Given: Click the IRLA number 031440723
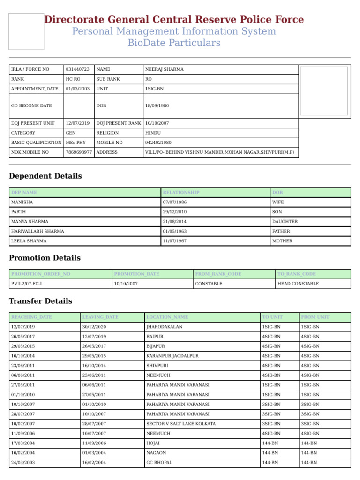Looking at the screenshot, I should pos(78,69).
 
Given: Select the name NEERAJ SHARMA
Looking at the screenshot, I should pos(165,69).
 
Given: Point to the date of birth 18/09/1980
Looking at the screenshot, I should pos(157,106).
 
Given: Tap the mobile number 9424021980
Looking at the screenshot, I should pos(158,142).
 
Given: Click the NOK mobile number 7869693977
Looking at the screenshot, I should pos(79,152).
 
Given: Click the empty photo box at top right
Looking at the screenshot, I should pos(324,91).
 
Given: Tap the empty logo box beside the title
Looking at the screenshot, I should pos(26,31).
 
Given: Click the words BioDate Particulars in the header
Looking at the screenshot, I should pos(174,43).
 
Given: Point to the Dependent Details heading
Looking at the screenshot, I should pos(45,176).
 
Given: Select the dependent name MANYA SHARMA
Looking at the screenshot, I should pos(30,222).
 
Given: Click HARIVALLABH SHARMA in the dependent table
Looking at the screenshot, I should pos(38,231).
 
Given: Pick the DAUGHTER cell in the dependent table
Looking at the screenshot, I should pos(285,222).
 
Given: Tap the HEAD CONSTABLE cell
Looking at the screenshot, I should pos(298,284).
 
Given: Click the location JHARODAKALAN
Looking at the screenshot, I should pos(165,327).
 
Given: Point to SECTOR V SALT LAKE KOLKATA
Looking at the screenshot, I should pos(181,424).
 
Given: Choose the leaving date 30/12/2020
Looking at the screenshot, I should pos(94,327).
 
